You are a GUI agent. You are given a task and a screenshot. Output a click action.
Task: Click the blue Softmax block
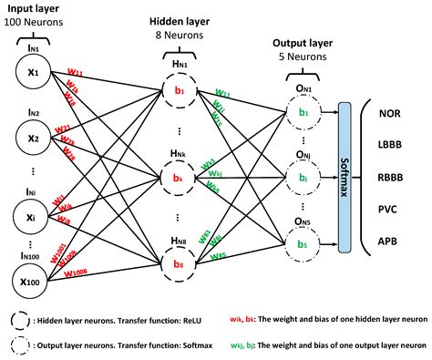point(344,174)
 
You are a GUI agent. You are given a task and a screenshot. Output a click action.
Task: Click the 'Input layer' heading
point(34,8)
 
